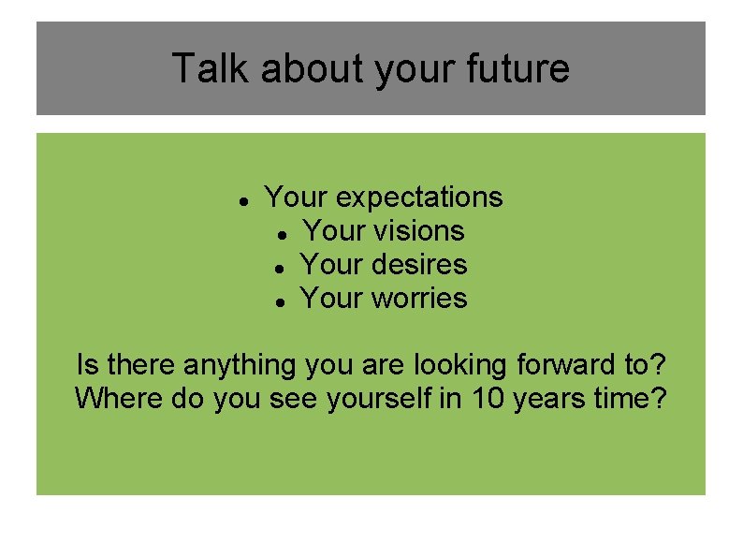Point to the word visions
419,230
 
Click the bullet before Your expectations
242,200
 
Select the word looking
452,363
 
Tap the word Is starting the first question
86,363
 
